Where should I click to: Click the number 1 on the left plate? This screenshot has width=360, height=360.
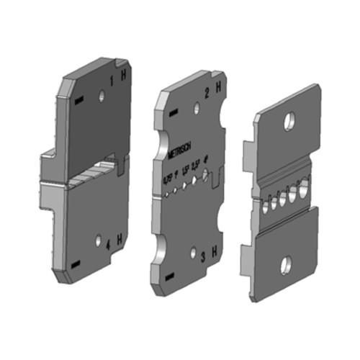[x=112, y=76]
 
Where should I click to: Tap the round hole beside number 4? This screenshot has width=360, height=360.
[x=99, y=238]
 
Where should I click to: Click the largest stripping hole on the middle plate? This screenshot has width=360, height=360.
[x=207, y=175]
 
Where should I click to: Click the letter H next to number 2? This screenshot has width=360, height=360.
[x=219, y=91]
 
